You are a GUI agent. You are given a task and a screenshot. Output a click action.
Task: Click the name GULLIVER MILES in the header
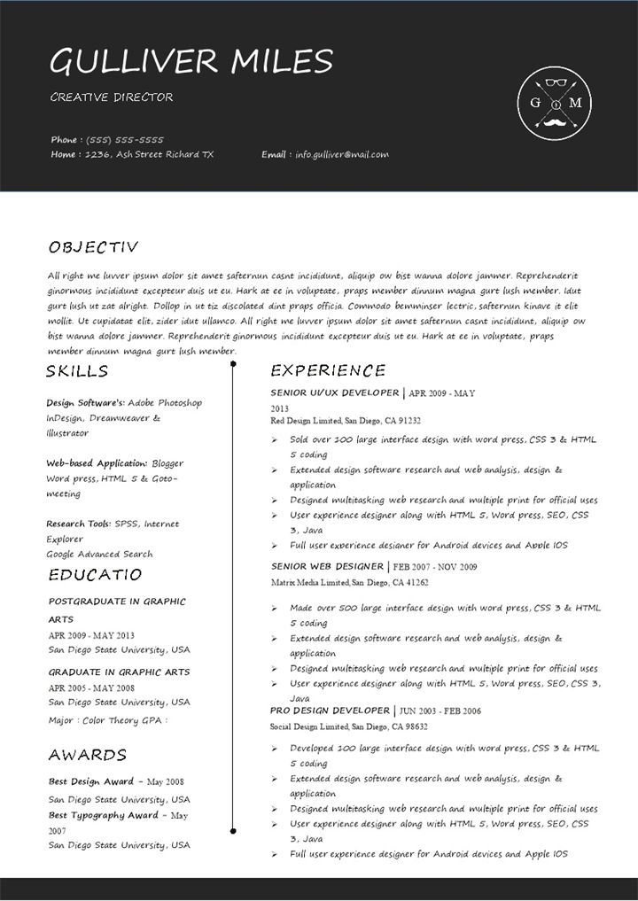191,62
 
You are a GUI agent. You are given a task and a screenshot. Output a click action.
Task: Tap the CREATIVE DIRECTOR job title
112,97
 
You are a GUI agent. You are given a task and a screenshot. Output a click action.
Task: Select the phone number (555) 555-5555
125,140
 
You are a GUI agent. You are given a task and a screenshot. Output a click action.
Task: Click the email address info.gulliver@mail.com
342,155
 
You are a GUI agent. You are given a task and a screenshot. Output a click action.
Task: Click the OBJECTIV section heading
93,247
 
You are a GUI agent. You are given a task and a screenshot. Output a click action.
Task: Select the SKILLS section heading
77,371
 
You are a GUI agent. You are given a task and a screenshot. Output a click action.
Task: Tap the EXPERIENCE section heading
328,370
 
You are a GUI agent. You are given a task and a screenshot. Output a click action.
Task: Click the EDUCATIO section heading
95,575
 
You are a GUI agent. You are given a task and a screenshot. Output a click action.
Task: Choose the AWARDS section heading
88,755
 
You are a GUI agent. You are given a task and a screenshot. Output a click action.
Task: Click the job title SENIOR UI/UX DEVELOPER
335,392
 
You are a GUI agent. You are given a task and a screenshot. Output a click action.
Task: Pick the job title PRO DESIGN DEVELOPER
330,711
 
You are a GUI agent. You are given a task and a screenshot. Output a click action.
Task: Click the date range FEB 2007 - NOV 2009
435,567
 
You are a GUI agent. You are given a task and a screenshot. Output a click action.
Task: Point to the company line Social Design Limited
349,726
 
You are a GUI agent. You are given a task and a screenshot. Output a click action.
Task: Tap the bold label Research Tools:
79,524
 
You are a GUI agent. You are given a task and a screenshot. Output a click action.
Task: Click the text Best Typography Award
104,815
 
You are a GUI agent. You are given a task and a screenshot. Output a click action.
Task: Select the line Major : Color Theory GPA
108,721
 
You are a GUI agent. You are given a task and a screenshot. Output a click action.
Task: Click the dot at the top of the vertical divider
233,363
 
